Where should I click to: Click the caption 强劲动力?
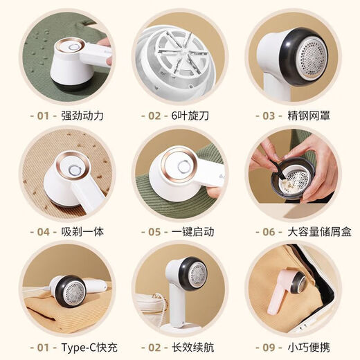(82, 116)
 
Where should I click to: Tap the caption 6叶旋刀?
(190, 116)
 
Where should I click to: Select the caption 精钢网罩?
(309, 116)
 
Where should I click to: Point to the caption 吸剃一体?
(82, 232)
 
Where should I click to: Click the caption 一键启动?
(192, 232)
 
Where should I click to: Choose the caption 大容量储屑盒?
(319, 232)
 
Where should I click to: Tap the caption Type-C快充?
(89, 348)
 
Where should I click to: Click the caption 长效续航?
(192, 348)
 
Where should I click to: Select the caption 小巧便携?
(309, 348)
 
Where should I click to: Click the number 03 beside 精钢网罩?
(269, 116)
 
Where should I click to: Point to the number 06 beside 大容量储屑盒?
(269, 232)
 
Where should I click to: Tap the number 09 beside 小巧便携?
(269, 348)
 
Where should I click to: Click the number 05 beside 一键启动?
(154, 232)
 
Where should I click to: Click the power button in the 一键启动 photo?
(184, 166)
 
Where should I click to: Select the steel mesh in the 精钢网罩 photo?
(312, 57)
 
